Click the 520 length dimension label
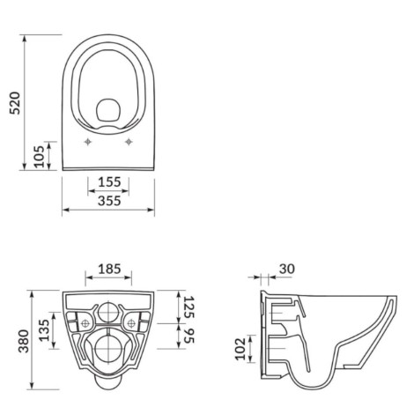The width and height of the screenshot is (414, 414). click(15, 103)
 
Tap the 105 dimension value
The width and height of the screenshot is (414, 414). click(40, 156)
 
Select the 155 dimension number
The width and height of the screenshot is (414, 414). click(109, 182)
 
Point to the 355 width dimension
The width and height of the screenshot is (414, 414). click(109, 201)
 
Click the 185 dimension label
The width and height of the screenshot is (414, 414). click(109, 269)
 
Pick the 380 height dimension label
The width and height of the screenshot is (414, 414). click(24, 341)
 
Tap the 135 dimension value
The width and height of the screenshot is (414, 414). click(45, 330)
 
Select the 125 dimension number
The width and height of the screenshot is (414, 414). click(189, 307)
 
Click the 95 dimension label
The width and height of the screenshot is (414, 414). click(189, 336)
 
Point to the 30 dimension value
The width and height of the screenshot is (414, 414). click(286, 269)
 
